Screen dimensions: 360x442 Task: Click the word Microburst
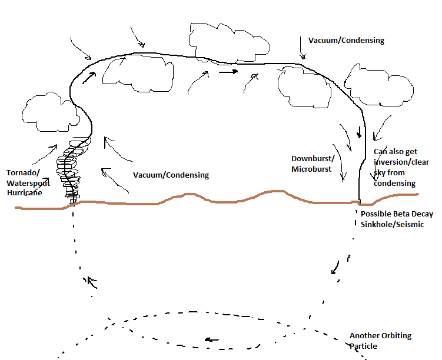coord(311,169)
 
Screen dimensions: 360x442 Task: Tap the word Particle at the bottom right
coord(363,346)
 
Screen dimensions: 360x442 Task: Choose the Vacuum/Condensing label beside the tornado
coord(171,175)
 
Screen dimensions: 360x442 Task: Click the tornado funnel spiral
coord(72,171)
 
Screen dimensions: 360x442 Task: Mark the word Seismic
coord(408,224)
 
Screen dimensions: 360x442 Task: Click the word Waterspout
coord(26,182)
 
